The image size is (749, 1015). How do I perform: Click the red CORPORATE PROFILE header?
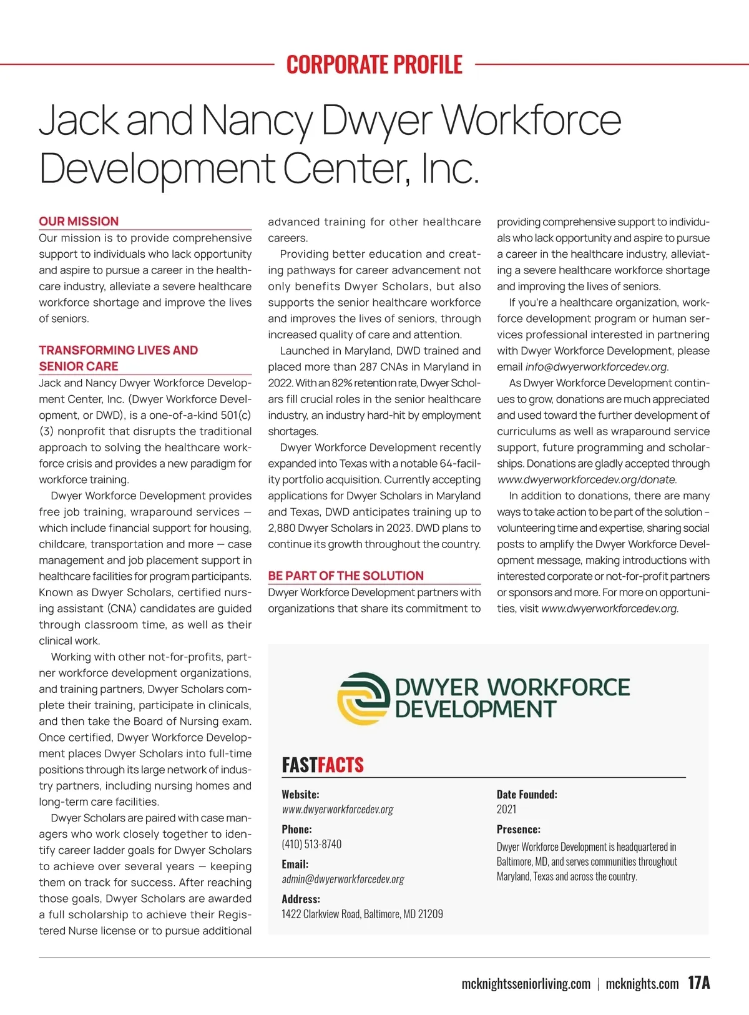click(374, 64)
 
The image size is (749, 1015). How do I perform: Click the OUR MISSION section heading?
click(79, 222)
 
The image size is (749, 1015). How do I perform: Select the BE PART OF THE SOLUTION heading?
click(346, 576)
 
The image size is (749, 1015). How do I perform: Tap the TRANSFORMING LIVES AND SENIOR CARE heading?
click(118, 358)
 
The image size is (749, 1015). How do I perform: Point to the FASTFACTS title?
click(323, 765)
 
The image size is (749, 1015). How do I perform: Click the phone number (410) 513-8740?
click(311, 845)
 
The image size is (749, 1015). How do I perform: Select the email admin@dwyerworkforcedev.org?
click(343, 880)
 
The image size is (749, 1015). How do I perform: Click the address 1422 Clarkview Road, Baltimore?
click(362, 914)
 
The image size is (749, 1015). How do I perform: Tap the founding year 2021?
click(506, 810)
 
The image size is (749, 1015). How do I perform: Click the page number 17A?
click(699, 983)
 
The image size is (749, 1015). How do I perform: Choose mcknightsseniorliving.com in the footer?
click(526, 984)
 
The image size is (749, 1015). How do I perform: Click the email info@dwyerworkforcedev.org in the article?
click(596, 367)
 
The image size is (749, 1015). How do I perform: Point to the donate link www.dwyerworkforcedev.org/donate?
click(586, 480)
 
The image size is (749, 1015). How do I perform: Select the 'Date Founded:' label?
click(527, 795)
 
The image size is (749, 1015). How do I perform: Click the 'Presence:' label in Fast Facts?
click(518, 830)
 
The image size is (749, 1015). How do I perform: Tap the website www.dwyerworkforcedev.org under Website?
click(337, 810)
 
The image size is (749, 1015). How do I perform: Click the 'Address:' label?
click(301, 900)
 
